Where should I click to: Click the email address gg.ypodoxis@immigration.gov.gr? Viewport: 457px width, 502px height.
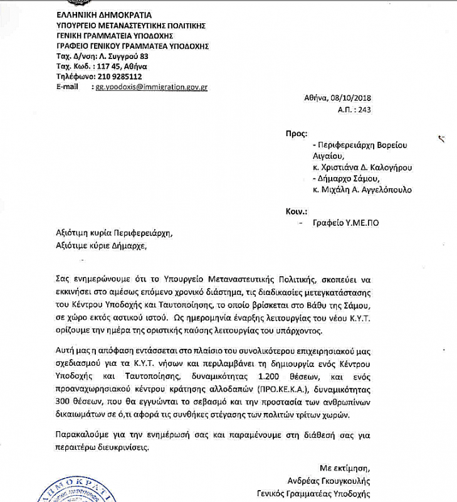(151, 87)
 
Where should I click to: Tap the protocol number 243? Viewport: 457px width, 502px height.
(365, 109)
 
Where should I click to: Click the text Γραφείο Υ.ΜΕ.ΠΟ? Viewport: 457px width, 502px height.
(349, 223)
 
